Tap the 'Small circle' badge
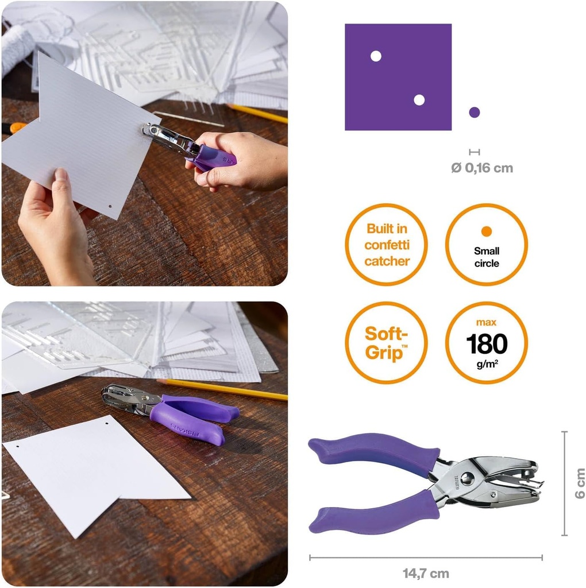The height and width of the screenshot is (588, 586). pos(486,244)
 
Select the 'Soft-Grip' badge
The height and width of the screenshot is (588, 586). pos(386,342)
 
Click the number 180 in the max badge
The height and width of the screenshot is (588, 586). pos(487,344)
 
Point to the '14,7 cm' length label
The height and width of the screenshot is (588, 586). pos(426,573)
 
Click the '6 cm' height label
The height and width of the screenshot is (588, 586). pos(579,483)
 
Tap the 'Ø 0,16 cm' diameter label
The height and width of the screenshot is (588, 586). pos(481,168)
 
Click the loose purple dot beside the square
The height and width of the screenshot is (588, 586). pos(474,113)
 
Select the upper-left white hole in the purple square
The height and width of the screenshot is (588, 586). pos(376,56)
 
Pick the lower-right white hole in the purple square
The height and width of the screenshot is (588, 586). pos(419,100)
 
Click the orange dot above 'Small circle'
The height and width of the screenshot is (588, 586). pos(487,231)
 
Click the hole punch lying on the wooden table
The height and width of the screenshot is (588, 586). pos(172,411)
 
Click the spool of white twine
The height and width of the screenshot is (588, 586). pos(17,46)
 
